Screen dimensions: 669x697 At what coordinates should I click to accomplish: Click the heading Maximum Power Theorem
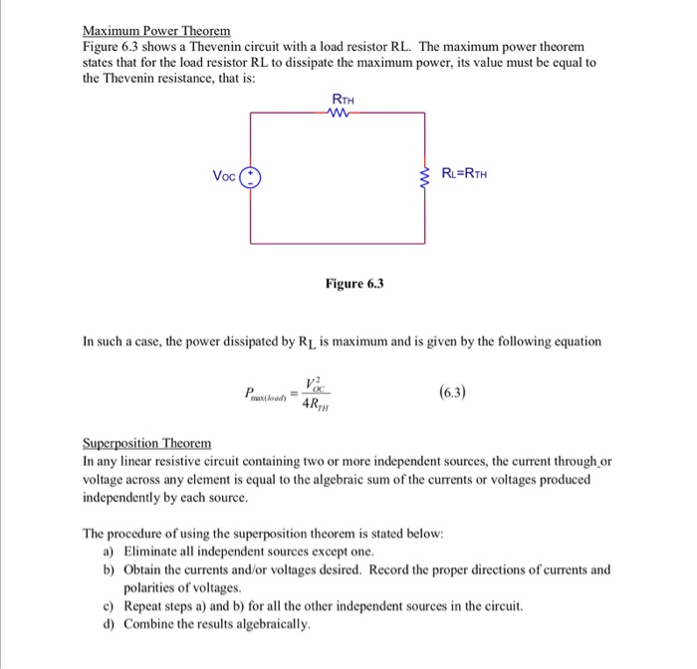[x=155, y=31]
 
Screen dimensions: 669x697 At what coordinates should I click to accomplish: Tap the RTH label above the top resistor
[x=341, y=100]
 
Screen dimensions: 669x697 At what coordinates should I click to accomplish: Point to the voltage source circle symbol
[x=251, y=177]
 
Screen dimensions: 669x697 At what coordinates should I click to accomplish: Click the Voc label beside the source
[x=225, y=177]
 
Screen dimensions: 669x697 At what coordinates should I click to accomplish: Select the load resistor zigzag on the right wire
[x=425, y=177]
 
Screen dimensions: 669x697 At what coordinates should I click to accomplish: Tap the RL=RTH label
[x=465, y=176]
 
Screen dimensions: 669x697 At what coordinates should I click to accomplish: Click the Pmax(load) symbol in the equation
[x=264, y=395]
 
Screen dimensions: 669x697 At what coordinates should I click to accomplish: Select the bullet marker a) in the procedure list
[x=109, y=551]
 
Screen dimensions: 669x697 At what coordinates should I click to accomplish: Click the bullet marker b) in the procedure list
[x=109, y=569]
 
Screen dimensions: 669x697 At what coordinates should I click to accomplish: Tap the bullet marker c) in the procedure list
[x=109, y=605]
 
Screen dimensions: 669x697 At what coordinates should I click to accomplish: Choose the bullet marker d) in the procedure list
[x=109, y=624]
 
